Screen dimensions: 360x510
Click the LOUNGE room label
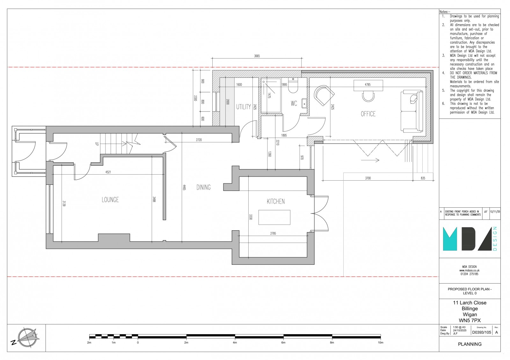pos(110,200)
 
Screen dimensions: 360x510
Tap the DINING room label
pos(203,187)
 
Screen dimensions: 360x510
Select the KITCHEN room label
pos(276,201)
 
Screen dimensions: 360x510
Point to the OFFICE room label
pos(368,114)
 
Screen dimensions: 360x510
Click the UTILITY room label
pos(244,107)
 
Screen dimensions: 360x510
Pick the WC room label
pos(294,103)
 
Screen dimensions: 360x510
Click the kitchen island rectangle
pos(274,218)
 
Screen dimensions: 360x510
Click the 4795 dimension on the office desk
pos(368,85)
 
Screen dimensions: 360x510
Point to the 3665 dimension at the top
pos(257,56)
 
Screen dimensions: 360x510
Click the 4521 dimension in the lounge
pos(108,172)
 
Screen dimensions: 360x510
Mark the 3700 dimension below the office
pos(368,178)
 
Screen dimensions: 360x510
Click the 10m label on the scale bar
pos(380,343)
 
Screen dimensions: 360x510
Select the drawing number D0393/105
pos(481,332)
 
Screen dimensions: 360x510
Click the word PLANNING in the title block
pos(470,344)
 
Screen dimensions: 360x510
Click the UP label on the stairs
pos(97,144)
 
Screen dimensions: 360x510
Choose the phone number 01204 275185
pos(469,274)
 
